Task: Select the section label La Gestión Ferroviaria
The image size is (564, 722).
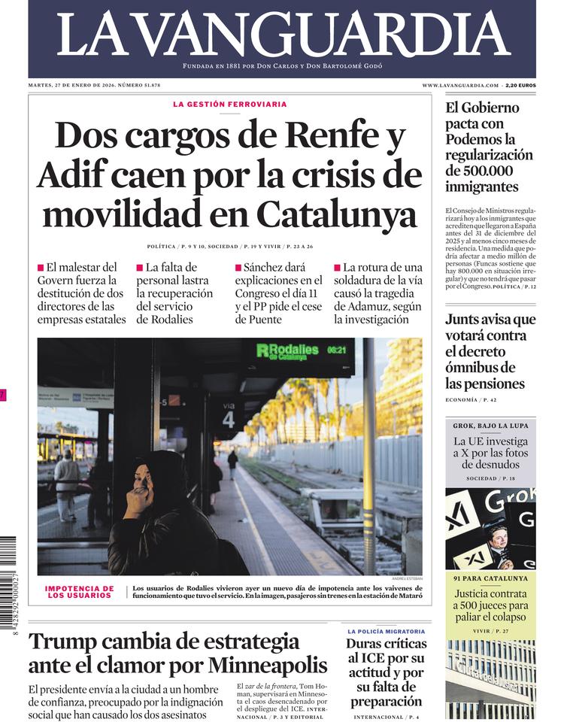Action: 229,105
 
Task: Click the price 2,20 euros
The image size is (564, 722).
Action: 520,86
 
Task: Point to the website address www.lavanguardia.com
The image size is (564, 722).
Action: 460,86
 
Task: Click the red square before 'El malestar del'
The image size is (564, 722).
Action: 41,268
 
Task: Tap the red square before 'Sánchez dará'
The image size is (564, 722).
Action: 238,268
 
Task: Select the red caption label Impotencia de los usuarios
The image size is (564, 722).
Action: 80,593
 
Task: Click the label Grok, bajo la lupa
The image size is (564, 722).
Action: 490,426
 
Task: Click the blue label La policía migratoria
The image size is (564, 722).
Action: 386,632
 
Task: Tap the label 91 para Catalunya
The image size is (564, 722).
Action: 490,578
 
